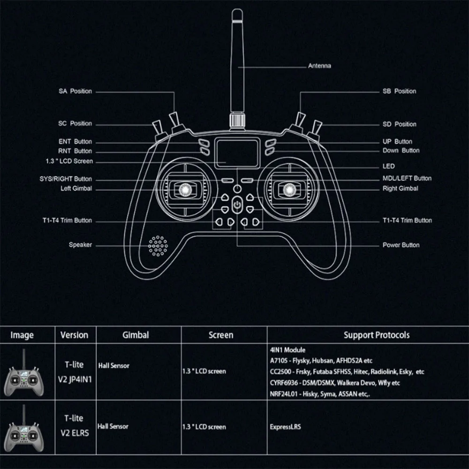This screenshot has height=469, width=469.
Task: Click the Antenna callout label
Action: tap(319, 66)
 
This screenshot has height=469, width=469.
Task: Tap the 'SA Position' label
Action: tap(75, 91)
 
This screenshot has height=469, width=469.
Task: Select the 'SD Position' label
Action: tap(399, 124)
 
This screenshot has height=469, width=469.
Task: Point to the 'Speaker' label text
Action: tap(80, 245)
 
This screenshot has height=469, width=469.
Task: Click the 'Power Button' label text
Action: tap(401, 245)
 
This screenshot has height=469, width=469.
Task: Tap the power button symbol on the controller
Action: tap(238, 204)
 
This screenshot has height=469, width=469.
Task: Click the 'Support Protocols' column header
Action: tap(377, 335)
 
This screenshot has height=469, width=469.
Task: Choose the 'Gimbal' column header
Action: tap(136, 335)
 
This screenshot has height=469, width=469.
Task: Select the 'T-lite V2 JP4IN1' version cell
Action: tap(74, 371)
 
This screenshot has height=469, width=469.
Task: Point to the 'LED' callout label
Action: tap(389, 166)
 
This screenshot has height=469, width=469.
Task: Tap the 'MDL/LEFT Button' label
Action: tap(407, 178)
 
